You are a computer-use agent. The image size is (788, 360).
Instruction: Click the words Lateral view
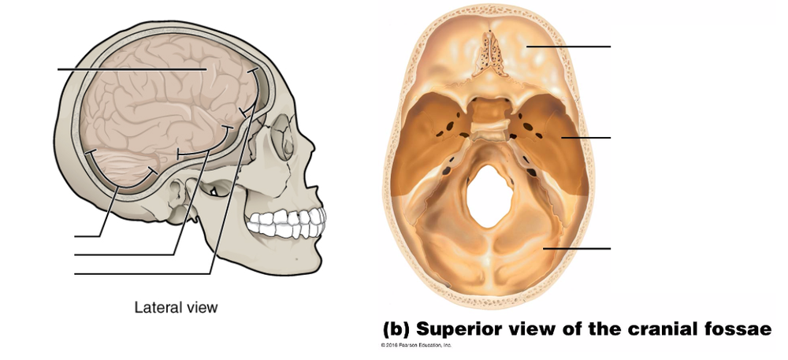click(x=175, y=307)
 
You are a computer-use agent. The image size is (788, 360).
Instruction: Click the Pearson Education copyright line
click(x=415, y=345)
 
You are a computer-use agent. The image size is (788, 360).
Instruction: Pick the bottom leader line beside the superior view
click(x=576, y=248)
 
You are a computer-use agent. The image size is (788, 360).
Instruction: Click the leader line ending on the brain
click(x=130, y=69)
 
